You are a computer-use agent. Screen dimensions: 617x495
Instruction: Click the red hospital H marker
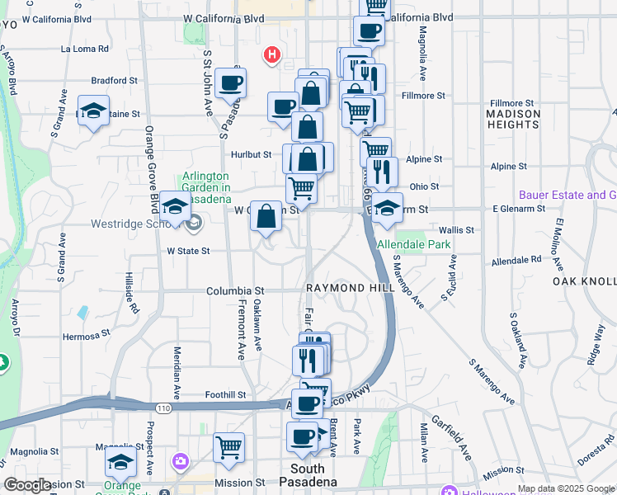pyautogui.click(x=271, y=55)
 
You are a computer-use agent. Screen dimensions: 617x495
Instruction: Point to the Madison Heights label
pyautogui.click(x=512, y=119)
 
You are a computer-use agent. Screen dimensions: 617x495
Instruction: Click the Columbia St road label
pyautogui.click(x=235, y=291)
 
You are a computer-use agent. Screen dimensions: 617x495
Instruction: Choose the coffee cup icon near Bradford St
pyautogui.click(x=229, y=82)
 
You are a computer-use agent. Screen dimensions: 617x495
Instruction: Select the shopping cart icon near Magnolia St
pyautogui.click(x=228, y=447)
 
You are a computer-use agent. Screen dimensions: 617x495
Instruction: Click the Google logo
pyautogui.click(x=28, y=485)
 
